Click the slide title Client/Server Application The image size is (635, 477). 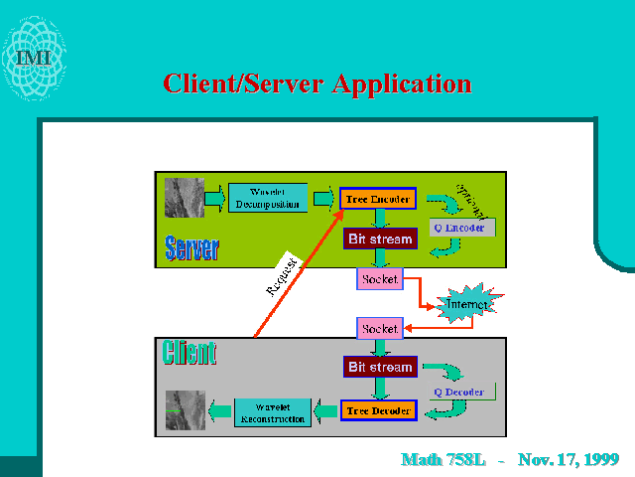tap(317, 83)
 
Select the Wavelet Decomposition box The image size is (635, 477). tap(268, 197)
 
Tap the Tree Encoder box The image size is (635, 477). tap(378, 199)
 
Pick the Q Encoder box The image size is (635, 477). tap(461, 228)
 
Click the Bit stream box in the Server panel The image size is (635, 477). tap(380, 238)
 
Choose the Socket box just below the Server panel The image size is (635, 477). tap(379, 279)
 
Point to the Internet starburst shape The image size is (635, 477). tap(467, 303)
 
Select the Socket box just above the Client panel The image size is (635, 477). tap(379, 328)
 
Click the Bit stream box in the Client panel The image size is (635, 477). tap(380, 367)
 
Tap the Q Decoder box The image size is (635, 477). tap(459, 392)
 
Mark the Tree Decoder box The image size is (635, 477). tap(378, 409)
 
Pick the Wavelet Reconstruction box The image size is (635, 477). tap(272, 412)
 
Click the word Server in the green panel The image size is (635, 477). tap(192, 247)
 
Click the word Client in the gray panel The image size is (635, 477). tap(190, 353)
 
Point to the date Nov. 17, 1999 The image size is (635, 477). tap(569, 459)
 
